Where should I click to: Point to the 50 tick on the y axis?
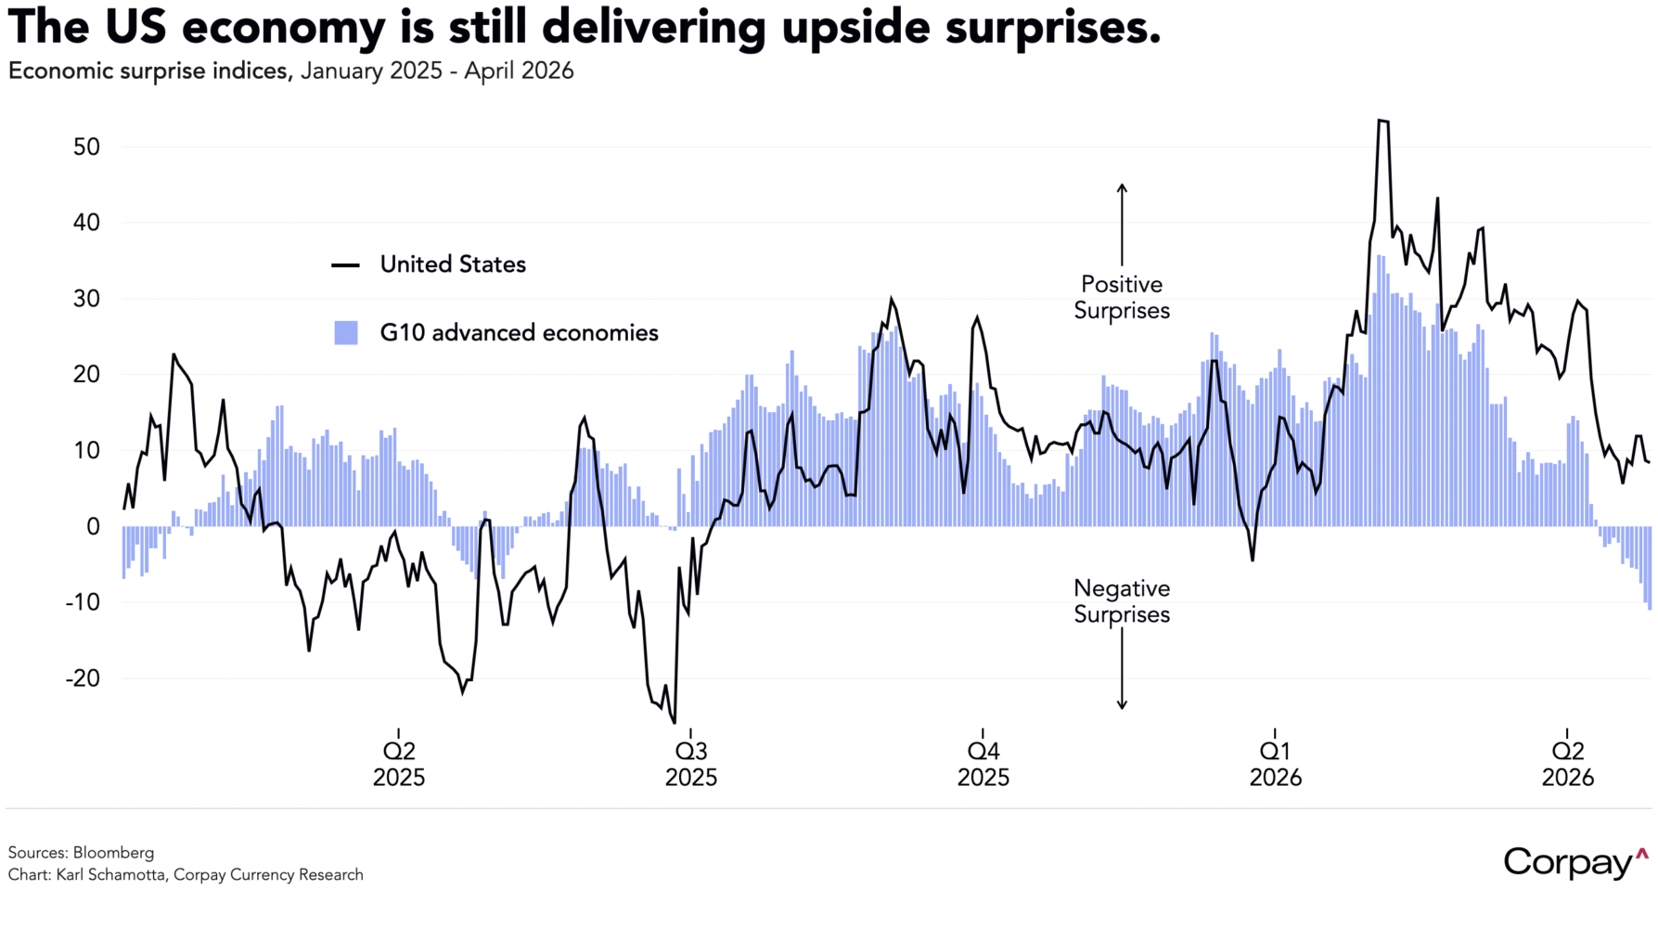[x=81, y=147]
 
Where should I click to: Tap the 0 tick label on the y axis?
[x=93, y=526]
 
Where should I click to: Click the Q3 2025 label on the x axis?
[x=690, y=764]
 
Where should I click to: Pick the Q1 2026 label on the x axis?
[x=1275, y=764]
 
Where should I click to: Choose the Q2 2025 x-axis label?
[x=398, y=764]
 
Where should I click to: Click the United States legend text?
[x=453, y=264]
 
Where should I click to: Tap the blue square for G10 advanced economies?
[x=346, y=333]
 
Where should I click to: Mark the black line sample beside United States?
[x=346, y=265]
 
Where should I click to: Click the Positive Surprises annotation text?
[x=1122, y=297]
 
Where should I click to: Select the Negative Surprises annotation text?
[x=1122, y=601]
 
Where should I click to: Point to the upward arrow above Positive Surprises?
[x=1122, y=223]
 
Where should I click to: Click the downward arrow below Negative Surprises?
[x=1122, y=673]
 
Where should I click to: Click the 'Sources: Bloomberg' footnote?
[x=81, y=852]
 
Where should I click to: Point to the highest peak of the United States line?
[x=1382, y=121]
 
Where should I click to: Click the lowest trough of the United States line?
[x=674, y=722]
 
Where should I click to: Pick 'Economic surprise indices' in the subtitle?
[x=149, y=71]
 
